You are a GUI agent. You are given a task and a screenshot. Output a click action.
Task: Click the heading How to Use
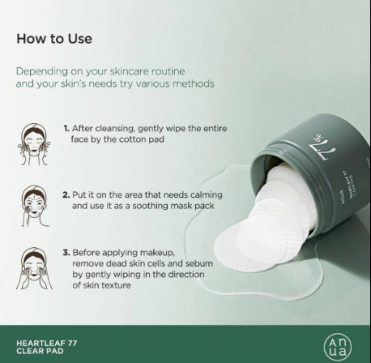coord(54,39)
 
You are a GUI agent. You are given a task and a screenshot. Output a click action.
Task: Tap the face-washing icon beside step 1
coord(34,144)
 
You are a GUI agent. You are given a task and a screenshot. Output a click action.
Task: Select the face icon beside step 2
coord(35,206)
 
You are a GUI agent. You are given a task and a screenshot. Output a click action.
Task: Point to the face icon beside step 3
coord(34,268)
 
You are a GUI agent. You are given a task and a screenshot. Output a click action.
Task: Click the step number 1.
coord(66,128)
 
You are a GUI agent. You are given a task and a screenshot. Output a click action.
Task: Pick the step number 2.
coord(66,194)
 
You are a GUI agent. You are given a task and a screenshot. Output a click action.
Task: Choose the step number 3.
coord(66,253)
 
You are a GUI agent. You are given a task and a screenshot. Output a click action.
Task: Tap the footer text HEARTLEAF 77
coord(47,344)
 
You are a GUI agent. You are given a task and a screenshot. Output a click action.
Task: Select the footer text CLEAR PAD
coord(40,351)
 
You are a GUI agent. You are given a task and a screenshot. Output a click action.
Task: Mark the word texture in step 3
coord(115,285)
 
